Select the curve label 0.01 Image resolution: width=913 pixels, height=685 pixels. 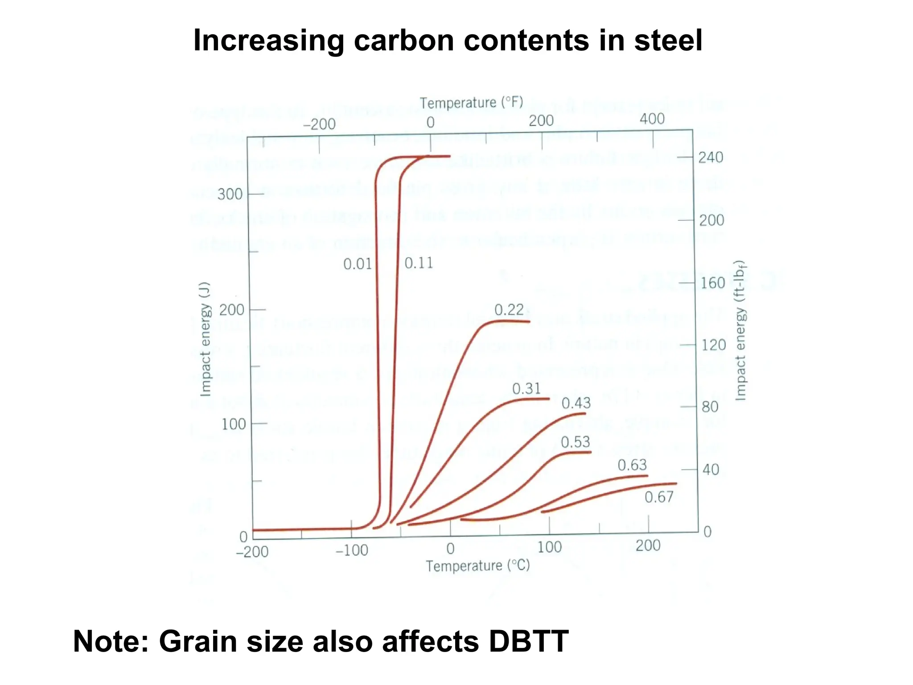coord(357,264)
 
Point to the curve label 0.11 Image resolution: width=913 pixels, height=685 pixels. coord(419,263)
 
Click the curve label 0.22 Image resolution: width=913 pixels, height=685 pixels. coord(509,309)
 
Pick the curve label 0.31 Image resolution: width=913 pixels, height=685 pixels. coord(526,388)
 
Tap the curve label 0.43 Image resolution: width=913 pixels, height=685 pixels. coord(576,403)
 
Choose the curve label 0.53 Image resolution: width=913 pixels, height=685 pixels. coord(575,442)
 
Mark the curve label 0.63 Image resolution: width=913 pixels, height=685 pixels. coord(632,465)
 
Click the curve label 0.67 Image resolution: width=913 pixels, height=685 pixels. coord(659,497)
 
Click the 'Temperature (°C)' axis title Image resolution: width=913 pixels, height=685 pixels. coord(477,566)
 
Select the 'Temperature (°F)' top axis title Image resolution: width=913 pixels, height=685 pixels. coord(471,103)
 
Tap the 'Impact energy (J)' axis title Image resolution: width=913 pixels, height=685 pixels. coord(205,339)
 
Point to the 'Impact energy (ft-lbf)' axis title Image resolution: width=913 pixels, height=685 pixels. coord(740,330)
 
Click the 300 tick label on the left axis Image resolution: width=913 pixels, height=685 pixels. coord(230,194)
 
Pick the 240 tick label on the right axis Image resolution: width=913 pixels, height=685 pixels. coord(711,157)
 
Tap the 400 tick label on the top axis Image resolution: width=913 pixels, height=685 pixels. coord(652,119)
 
